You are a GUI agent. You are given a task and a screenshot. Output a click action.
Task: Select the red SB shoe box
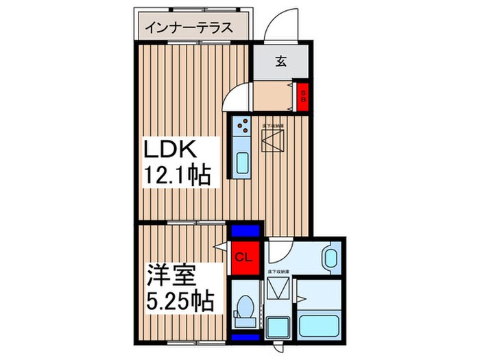(302, 96)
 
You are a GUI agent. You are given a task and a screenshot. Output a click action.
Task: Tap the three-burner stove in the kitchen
(243, 125)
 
